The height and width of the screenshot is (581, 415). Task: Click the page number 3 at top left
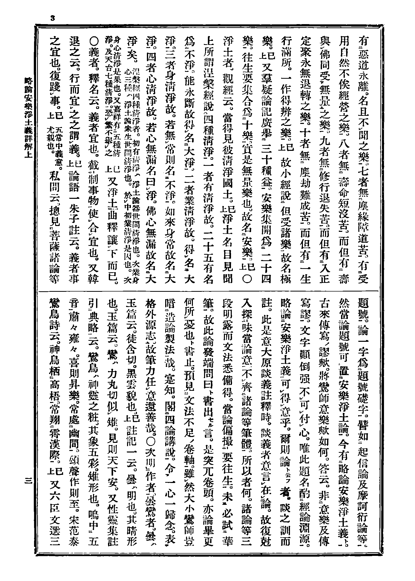click(x=53, y=18)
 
